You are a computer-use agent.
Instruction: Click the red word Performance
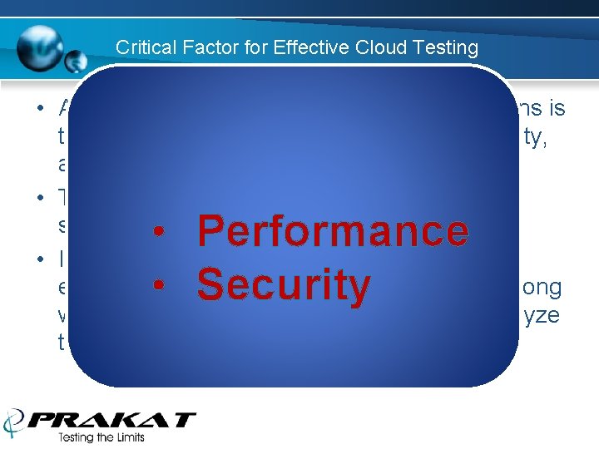[x=333, y=230]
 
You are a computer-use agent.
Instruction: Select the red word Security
[x=283, y=285]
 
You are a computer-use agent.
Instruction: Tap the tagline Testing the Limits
[x=101, y=438]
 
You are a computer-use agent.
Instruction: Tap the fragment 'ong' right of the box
[x=542, y=288]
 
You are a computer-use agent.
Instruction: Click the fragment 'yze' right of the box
[x=542, y=315]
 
